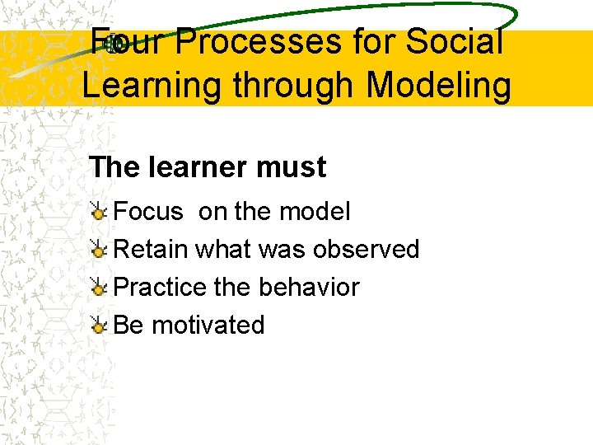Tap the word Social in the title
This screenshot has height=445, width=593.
pos(458,43)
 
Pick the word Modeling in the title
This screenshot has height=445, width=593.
pos(439,86)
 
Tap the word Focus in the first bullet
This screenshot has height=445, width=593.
pos(148,212)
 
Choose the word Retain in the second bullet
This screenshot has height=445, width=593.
pos(151,250)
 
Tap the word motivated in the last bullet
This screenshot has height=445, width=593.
pos(208,326)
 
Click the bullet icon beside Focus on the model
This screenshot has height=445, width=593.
pos(98,213)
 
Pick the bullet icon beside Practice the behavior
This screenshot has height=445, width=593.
pos(98,288)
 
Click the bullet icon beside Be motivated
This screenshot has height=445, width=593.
pos(98,326)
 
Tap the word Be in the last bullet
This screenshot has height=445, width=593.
pos(128,326)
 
